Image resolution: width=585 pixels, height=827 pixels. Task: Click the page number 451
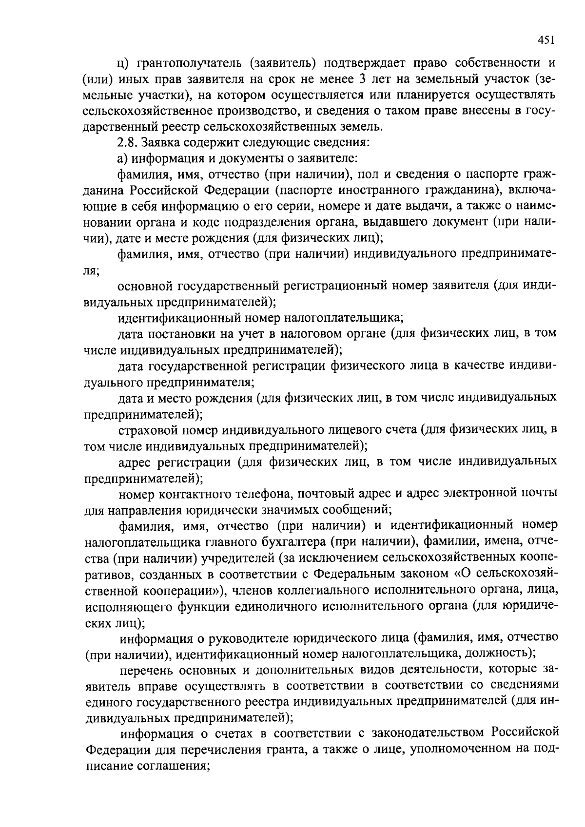tap(546, 40)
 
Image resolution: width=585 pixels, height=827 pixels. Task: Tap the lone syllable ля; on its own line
tap(91, 270)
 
